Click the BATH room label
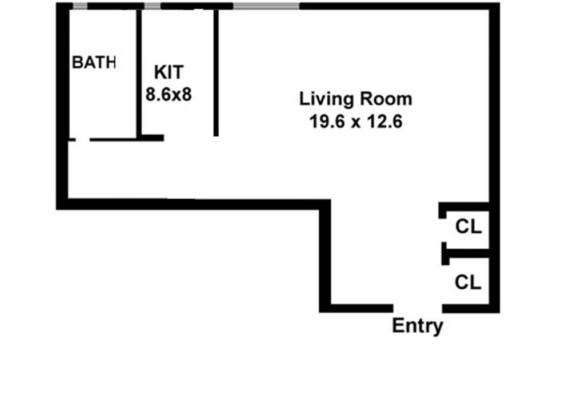click(x=94, y=63)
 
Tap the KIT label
click(x=169, y=72)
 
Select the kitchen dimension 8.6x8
click(x=169, y=94)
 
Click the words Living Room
click(x=355, y=99)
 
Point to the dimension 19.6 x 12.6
click(x=355, y=122)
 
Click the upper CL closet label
click(x=468, y=227)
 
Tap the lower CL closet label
click(x=468, y=282)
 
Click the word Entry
click(x=417, y=326)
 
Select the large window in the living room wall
click(x=266, y=6)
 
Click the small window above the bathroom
click(x=80, y=6)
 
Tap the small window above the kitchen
click(x=152, y=6)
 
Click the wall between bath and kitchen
click(x=138, y=71)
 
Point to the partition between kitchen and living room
click(x=216, y=71)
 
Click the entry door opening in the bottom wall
click(x=418, y=308)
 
